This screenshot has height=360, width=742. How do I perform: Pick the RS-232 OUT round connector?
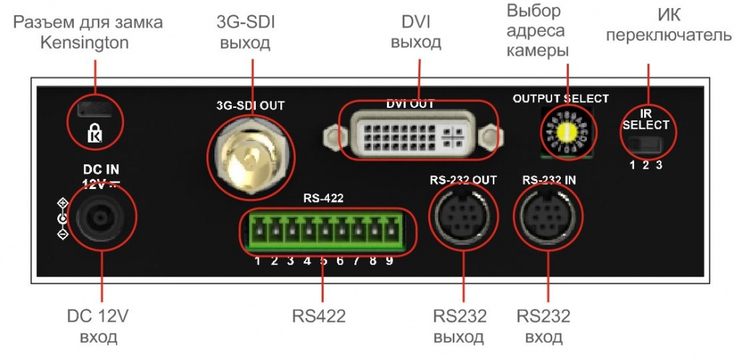point(463,220)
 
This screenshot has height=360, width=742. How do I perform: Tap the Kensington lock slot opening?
point(94,110)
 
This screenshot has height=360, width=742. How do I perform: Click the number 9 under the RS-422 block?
point(389,261)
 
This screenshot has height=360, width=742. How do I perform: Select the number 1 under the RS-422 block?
point(257,261)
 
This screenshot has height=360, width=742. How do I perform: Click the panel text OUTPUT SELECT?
point(561,99)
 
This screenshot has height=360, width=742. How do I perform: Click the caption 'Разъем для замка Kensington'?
point(88,33)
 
